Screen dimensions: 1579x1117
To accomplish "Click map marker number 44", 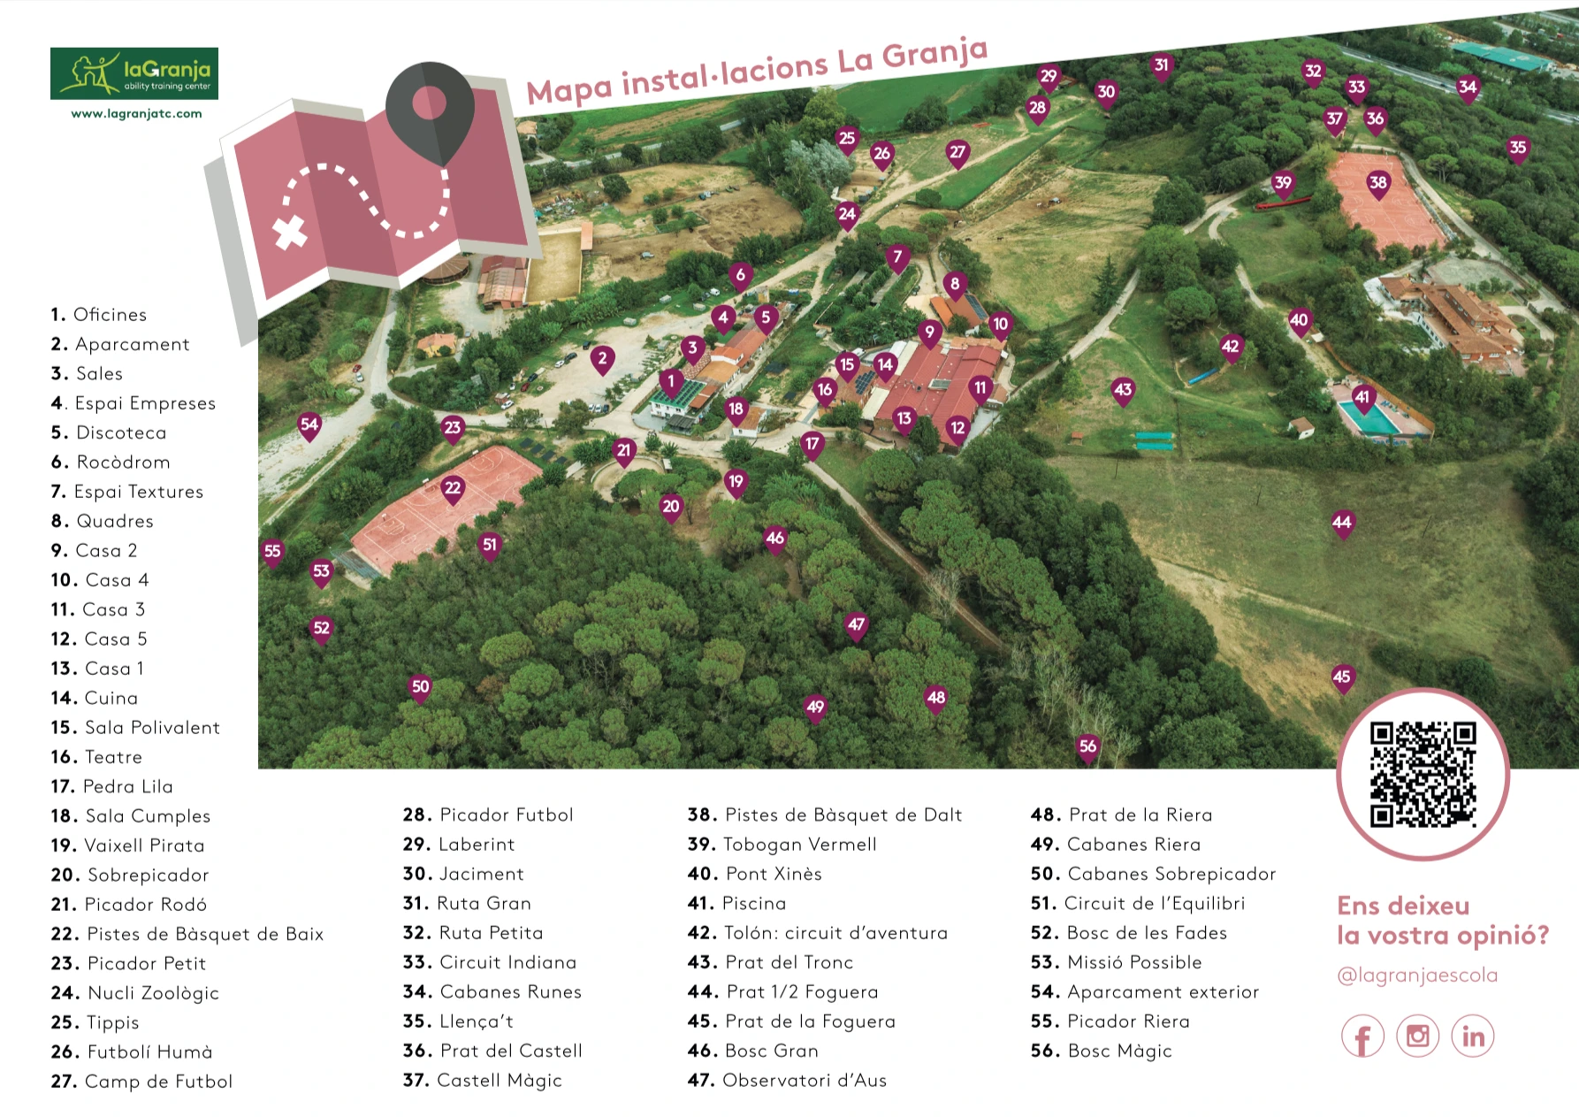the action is [1342, 524].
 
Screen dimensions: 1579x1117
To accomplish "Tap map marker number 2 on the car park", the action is [602, 360].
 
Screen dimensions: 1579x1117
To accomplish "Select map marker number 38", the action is [1377, 185].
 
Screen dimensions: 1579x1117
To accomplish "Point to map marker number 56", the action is [1087, 747].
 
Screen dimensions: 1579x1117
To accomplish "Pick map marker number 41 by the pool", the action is [1362, 399].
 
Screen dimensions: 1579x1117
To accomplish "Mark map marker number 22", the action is [453, 489].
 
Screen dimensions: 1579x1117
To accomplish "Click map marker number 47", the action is [856, 626].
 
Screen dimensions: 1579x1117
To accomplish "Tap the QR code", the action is [1423, 774].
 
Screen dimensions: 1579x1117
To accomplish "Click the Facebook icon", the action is [1362, 1037].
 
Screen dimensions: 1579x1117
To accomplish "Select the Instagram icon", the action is [1417, 1036].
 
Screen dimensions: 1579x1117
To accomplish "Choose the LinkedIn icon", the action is [1472, 1036].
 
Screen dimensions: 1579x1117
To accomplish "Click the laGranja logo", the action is [134, 73].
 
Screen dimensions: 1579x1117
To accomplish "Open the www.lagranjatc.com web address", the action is [136, 113].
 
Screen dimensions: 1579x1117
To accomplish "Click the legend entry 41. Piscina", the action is [736, 903].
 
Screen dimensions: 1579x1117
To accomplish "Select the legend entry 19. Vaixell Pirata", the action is [127, 845].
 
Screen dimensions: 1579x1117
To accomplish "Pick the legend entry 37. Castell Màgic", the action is [482, 1081].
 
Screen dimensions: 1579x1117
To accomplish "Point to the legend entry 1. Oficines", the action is [98, 315].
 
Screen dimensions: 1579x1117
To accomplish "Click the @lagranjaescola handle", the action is [1417, 975].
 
